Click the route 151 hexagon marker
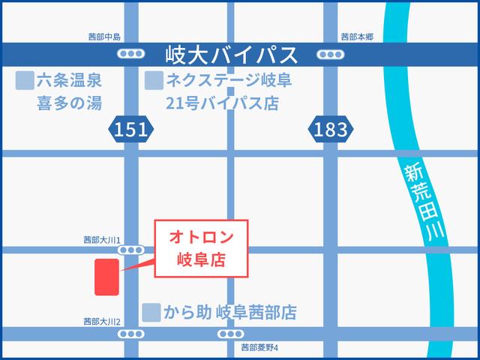pos(131,130)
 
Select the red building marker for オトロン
pos(106,277)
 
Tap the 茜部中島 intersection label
pos(103,37)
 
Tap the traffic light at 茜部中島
pos(131,54)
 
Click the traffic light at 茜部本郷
pos(329,54)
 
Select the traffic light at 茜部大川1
pos(131,250)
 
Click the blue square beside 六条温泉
pos(26,79)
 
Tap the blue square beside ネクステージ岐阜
pos(154,79)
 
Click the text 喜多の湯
pos(69,102)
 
